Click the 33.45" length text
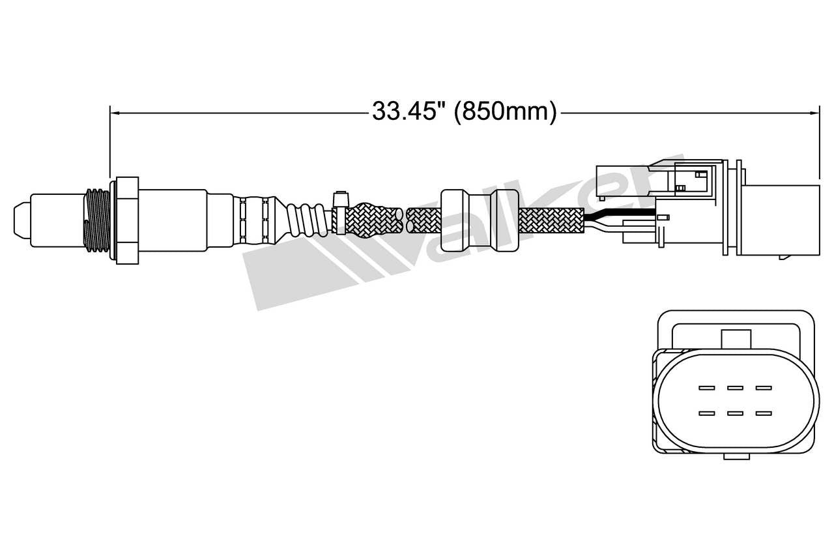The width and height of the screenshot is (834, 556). tap(408, 112)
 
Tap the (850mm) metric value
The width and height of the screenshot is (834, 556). tap(506, 112)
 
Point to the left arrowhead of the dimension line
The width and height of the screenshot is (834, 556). tap(113, 113)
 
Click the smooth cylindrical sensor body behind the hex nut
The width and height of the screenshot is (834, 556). tap(173, 219)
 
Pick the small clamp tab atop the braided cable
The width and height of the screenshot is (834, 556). tap(339, 199)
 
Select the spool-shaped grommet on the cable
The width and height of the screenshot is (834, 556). tap(480, 220)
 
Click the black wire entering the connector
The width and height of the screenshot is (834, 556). tap(619, 214)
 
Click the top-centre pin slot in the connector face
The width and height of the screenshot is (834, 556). tap(736, 388)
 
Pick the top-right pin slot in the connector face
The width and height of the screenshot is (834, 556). tap(764, 388)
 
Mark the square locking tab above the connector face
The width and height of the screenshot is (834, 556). tap(736, 339)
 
